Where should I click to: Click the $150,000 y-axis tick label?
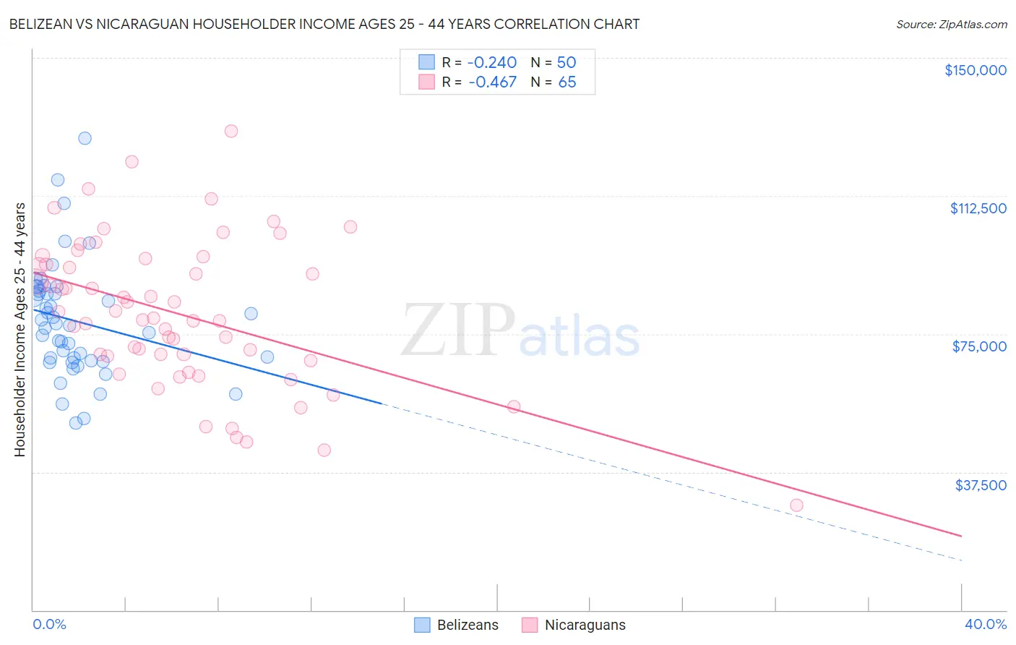click(975, 70)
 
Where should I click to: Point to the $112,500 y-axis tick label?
click(978, 208)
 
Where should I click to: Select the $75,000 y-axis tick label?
click(979, 346)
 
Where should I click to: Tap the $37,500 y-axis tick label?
click(980, 485)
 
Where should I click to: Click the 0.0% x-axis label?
click(49, 624)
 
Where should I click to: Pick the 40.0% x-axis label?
click(985, 624)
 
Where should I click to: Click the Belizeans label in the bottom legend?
click(467, 625)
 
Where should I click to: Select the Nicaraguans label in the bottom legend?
click(585, 625)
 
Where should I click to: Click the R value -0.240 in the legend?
click(492, 63)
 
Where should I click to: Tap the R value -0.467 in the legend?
click(492, 82)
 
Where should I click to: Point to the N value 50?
click(566, 63)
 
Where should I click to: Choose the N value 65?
click(567, 82)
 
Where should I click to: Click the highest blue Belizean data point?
click(85, 138)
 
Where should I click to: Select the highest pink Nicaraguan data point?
click(231, 131)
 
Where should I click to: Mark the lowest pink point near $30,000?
click(796, 505)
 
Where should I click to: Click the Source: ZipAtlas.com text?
click(951, 25)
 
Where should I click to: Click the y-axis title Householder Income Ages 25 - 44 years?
click(20, 330)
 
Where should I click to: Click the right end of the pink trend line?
click(961, 536)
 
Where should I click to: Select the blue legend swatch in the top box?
click(427, 63)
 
